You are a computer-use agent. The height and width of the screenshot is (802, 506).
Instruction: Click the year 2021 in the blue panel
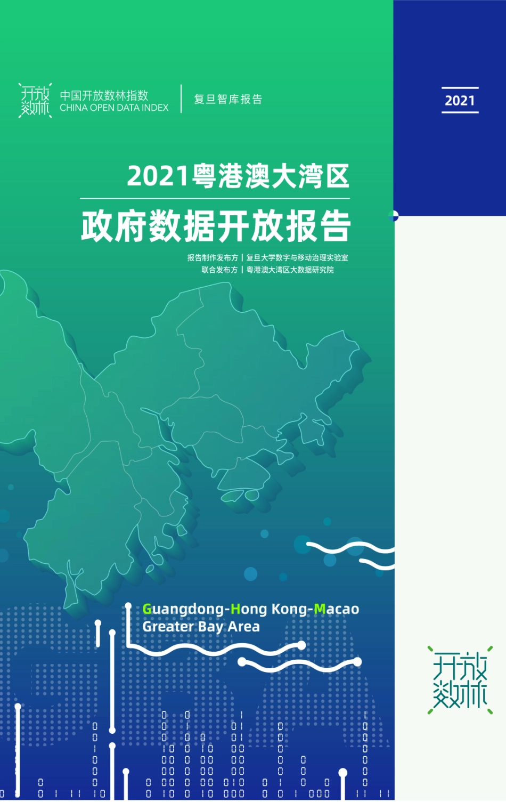pos(460,100)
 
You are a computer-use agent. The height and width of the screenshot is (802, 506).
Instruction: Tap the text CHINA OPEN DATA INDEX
pos(114,108)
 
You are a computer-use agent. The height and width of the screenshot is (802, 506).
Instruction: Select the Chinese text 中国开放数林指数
pos(104,95)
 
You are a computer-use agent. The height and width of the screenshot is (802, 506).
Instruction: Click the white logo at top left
pos(35,100)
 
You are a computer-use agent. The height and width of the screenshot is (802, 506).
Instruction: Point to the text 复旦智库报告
pos(228,99)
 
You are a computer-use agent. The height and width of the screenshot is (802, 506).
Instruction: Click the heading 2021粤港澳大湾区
pos(238,176)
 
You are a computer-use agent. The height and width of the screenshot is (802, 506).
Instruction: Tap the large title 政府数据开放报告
pos(216,226)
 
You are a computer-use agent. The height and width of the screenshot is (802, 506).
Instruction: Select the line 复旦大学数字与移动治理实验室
pos(297,258)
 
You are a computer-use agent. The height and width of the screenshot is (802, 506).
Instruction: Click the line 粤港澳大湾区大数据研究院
pos(290,270)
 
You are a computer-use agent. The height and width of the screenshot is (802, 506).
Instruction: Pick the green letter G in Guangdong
pos(147,609)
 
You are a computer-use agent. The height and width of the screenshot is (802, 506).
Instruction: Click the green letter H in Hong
pos(235,609)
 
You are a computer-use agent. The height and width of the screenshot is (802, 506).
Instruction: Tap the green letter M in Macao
pos(320,609)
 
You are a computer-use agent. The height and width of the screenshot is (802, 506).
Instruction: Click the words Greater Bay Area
pos(201,627)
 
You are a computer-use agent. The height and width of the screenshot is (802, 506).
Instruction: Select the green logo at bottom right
pos(460,680)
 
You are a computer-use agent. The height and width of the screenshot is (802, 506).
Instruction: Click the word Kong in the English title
pos(288,609)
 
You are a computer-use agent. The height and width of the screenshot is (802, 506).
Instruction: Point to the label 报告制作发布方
pos(213,258)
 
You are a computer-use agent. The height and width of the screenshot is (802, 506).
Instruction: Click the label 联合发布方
pos(219,270)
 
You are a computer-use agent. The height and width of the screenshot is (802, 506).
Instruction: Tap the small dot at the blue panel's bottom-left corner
pos(394,216)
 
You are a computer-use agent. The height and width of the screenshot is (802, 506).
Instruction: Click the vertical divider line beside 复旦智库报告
pos(181,99)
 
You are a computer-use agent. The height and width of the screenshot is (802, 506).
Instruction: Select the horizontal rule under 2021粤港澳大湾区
pos(215,199)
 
